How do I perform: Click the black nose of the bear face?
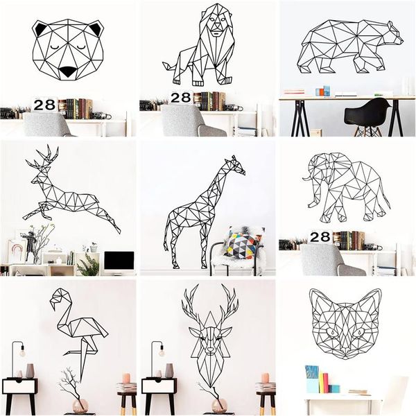coord(67,71)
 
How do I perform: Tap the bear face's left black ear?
coord(40,30)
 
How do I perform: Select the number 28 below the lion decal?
coord(180,98)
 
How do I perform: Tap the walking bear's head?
coord(392,35)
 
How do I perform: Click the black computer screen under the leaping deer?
coord(119,261)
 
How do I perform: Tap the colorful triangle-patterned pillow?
coord(242,244)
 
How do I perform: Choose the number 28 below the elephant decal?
coord(320,237)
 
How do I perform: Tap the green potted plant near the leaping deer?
coord(89,264)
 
